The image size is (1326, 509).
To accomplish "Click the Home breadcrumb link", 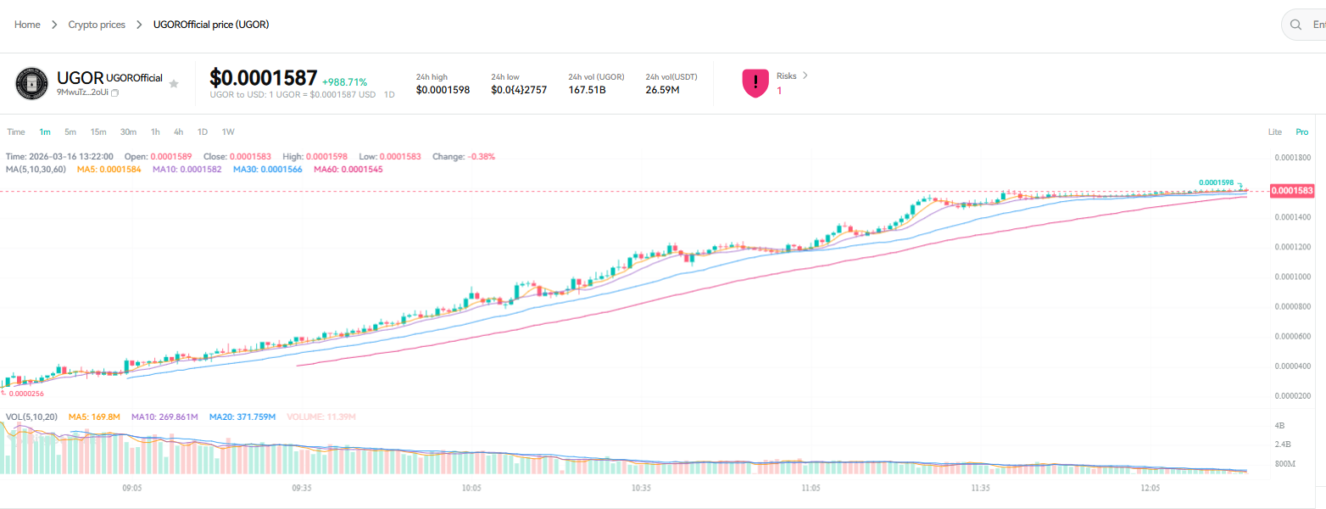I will [27, 25].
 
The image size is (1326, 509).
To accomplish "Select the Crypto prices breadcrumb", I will [97, 25].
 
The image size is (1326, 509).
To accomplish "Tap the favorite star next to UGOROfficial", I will [174, 83].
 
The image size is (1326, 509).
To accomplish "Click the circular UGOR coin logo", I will [31, 83].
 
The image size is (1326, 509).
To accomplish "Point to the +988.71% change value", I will [344, 82].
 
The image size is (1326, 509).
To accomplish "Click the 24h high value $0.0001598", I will [443, 90].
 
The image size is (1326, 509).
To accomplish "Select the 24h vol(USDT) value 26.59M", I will [662, 90].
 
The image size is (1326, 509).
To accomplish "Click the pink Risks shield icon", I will [755, 83].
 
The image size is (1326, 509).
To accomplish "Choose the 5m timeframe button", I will [70, 131].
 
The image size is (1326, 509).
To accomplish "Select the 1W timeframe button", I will [228, 131].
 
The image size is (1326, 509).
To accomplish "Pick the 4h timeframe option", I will [178, 131].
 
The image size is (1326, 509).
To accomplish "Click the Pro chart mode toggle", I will [1301, 131].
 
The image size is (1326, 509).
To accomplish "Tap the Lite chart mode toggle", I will [1275, 131].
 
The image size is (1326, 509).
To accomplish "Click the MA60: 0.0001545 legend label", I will [348, 170].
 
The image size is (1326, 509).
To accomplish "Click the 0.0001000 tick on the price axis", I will [1292, 277].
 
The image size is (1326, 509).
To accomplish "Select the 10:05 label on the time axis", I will [471, 489].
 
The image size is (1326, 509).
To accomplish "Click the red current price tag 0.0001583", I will [1292, 192].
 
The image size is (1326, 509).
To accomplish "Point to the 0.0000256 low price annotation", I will [26, 394].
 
